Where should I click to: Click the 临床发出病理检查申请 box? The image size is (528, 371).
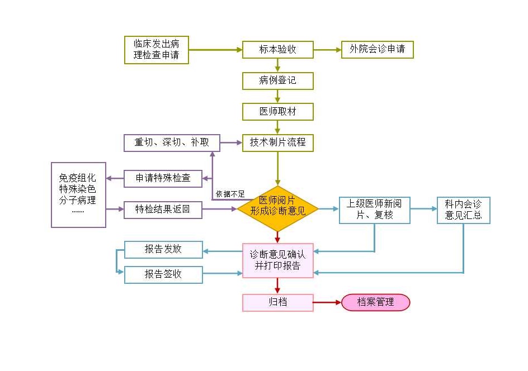(157, 50)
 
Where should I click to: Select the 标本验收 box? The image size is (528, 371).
(277, 50)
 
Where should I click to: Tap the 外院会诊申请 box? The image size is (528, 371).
(378, 50)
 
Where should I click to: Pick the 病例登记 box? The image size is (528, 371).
(277, 81)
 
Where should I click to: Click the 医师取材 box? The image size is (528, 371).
(277, 112)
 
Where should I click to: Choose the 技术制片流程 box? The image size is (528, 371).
(277, 142)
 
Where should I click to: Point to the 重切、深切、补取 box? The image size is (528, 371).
(172, 142)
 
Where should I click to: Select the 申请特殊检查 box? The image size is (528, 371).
(163, 178)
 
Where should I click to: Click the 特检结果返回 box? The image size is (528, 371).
(163, 210)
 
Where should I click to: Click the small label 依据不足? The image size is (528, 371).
(230, 194)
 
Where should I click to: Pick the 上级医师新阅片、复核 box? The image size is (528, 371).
(375, 210)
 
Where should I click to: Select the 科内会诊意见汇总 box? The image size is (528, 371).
(463, 210)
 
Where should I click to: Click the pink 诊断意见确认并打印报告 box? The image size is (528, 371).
(277, 260)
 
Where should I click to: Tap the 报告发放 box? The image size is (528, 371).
(163, 249)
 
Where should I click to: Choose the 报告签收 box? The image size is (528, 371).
(163, 274)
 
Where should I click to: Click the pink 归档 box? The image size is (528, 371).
(277, 302)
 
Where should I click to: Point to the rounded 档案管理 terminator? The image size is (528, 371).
(376, 302)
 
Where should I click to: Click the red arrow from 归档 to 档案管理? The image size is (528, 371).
(327, 302)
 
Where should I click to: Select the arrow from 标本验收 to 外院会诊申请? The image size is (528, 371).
(327, 50)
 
